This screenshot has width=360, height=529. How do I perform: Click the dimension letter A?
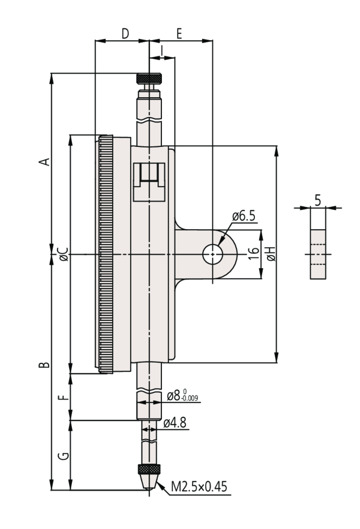pos(43,162)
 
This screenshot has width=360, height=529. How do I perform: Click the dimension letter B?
pos(43,365)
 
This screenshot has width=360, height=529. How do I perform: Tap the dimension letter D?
pos(125,33)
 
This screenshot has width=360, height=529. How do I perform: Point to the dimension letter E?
pos(179,33)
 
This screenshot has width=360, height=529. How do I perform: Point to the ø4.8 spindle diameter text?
pos(175,423)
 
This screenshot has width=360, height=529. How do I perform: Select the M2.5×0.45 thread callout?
pos(199,486)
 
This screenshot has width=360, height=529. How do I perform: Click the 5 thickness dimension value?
pos(317,199)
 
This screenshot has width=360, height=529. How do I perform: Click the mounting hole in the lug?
pos(212,255)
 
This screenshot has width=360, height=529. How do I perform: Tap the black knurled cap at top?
pos(149,79)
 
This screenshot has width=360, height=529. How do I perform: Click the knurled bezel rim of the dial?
pos(106,255)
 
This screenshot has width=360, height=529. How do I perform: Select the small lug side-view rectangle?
pos(317,254)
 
